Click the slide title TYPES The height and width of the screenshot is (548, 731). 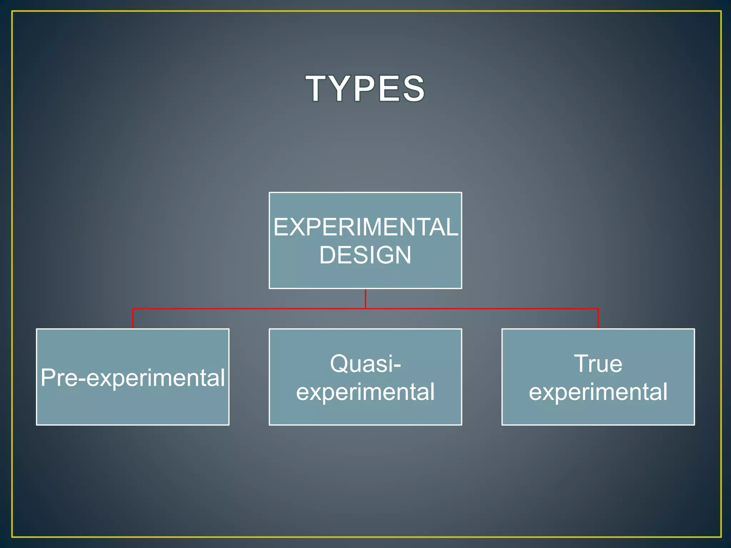coord(365,88)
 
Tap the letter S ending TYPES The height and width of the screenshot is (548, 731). coord(413,88)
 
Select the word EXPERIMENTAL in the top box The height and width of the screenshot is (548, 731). coord(365,227)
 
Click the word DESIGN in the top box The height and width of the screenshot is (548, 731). coord(365,255)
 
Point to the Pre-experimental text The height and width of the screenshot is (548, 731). coord(133,377)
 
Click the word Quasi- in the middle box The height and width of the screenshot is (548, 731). coord(365,364)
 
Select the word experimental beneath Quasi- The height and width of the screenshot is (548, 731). coord(365,392)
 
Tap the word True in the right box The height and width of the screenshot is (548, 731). coord(598,364)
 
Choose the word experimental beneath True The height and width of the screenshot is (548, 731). coord(598,392)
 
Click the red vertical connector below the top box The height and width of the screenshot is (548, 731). coord(365,298)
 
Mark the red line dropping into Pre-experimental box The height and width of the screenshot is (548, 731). coord(133,318)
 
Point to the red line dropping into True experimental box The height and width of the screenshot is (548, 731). coord(598,318)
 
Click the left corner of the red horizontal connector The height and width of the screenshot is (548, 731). coord(133,309)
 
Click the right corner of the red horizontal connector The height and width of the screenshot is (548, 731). coord(598,309)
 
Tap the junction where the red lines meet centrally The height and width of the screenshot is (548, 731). coord(365,308)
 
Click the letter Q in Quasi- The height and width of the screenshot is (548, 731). coord(339,364)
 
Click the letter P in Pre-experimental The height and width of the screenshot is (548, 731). coord(49,377)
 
